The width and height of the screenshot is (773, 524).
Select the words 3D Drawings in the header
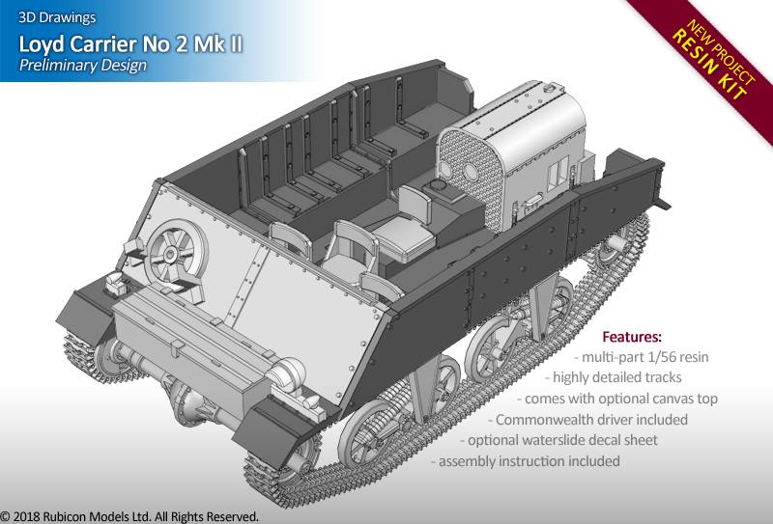(x=57, y=18)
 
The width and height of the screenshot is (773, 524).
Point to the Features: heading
(x=632, y=338)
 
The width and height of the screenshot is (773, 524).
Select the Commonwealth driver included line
(x=594, y=420)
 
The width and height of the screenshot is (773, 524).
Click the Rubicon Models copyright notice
(x=129, y=516)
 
